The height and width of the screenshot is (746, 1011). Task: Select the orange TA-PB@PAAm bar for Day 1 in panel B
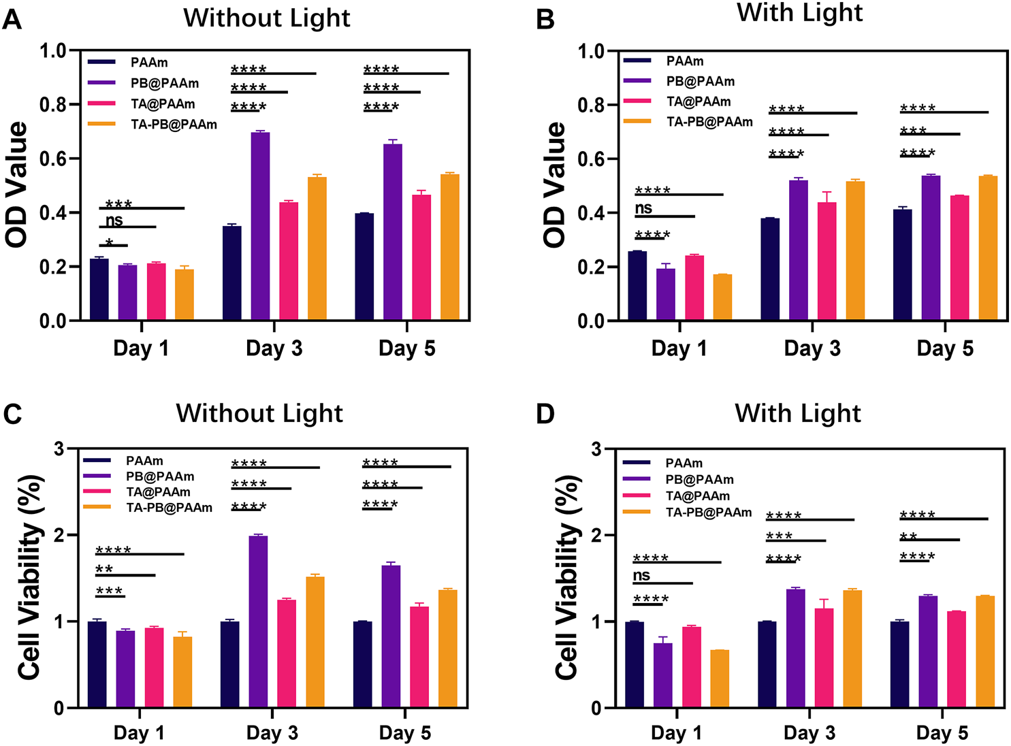722,297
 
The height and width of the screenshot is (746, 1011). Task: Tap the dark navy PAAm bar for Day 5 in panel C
362,664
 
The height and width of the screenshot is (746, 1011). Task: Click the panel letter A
12,20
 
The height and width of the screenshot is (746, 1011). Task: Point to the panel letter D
545,415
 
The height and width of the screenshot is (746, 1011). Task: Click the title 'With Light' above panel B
799,14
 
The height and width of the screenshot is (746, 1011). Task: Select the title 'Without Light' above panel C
259,414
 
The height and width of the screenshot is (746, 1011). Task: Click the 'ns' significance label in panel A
114,220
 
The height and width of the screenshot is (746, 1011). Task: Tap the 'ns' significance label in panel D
641,576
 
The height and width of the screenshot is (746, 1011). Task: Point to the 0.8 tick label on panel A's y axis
53,105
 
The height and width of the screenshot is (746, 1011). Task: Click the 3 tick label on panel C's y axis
59,449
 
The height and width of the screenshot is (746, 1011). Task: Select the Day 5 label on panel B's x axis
945,348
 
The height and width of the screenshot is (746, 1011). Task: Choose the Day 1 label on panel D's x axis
676,733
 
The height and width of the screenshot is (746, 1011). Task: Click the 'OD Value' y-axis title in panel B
555,184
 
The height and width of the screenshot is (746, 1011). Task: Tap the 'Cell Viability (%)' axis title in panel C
31,577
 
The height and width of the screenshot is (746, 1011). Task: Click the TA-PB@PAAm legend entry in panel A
174,125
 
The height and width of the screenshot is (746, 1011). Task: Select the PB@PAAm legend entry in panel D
699,480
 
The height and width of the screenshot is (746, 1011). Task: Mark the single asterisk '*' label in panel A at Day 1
110,242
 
